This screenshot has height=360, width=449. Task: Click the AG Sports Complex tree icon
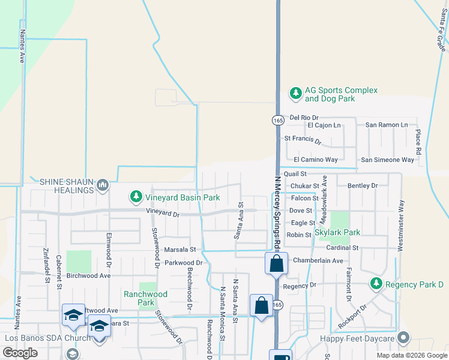click(x=295, y=93)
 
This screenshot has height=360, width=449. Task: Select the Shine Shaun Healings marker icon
click(x=103, y=185)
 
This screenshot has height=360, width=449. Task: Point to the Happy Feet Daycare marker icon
click(x=403, y=339)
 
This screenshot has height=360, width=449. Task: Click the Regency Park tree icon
click(x=376, y=283)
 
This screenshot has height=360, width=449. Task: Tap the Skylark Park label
click(x=337, y=232)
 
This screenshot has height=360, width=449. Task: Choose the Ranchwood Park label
click(x=145, y=298)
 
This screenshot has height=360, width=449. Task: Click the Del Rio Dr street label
click(x=304, y=118)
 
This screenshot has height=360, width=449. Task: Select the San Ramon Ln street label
click(x=387, y=125)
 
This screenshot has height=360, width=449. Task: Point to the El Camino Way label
click(x=316, y=160)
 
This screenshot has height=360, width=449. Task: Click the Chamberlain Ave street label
click(x=318, y=260)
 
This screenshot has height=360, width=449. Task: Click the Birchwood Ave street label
click(x=88, y=276)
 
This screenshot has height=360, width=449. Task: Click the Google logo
click(x=20, y=353)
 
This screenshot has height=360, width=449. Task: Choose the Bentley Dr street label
click(x=363, y=186)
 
